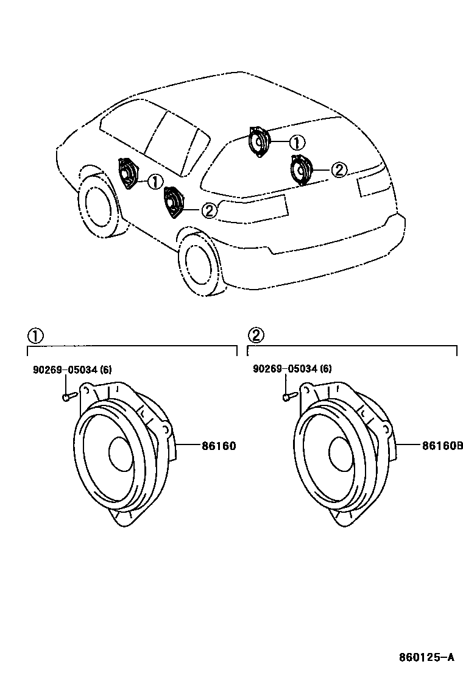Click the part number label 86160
point(218,446)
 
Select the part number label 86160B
point(442,446)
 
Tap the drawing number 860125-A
point(426,658)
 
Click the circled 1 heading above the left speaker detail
point(35,335)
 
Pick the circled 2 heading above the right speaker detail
point(256,335)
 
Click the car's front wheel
point(98,205)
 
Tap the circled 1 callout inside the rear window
point(296,143)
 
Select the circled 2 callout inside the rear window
point(339,170)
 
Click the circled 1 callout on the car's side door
point(155,181)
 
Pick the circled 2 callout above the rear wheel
point(208,210)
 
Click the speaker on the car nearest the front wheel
point(129,174)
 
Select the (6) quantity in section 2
point(326,369)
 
